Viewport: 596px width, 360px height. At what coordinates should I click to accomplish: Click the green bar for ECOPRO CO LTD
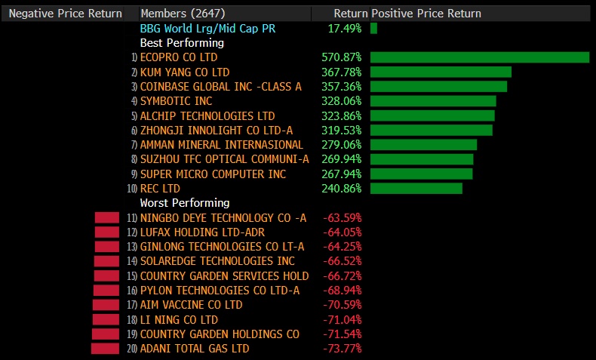(x=479, y=57)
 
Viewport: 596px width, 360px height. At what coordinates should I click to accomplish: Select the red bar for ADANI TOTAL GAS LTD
(x=105, y=349)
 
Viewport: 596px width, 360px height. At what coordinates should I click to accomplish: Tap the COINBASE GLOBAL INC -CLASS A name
(x=220, y=87)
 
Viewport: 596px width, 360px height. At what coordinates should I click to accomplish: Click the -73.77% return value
(x=342, y=349)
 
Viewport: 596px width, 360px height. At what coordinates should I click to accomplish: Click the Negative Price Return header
(x=66, y=14)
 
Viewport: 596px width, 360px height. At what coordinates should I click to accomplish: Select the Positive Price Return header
(x=426, y=14)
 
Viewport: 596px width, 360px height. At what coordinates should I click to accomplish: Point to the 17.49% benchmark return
(x=344, y=28)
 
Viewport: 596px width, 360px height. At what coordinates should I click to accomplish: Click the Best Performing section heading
(x=182, y=43)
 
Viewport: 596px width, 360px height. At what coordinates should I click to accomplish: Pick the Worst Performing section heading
(x=185, y=203)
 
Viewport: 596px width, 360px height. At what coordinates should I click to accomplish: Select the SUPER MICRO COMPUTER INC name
(x=214, y=174)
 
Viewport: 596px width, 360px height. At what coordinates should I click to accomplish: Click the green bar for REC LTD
(x=416, y=189)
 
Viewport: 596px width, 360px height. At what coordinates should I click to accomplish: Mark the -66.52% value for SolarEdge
(x=342, y=261)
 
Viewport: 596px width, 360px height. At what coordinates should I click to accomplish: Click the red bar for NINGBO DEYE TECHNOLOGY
(x=107, y=218)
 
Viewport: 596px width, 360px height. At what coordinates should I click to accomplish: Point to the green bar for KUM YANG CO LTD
(x=441, y=72)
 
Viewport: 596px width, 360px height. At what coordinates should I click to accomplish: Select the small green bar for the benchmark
(x=373, y=28)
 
